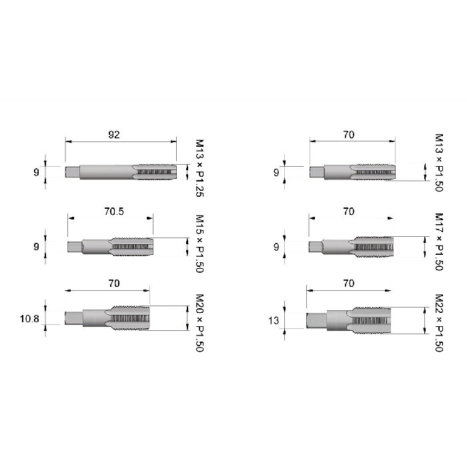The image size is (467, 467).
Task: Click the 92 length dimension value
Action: tap(114, 135)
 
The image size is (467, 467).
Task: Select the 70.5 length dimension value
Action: tap(114, 211)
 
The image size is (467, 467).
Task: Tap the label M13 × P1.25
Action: tap(199, 168)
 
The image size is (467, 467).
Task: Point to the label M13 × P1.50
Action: tap(439, 163)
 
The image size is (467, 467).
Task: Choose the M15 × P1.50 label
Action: tap(199, 244)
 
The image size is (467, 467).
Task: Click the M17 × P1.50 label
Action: tap(439, 242)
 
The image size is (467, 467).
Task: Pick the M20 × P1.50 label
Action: tap(199, 323)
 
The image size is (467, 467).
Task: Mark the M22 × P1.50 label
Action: tap(439, 323)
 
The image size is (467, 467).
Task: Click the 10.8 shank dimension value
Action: tap(29, 319)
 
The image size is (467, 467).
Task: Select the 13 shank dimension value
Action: tap(274, 321)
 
